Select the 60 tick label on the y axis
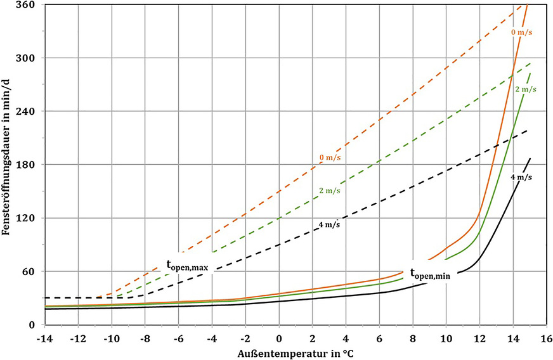click(x=30, y=272)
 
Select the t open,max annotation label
click(x=187, y=268)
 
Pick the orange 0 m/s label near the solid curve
click(x=523, y=30)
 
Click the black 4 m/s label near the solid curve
click(x=521, y=177)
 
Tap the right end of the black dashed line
click(x=528, y=131)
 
